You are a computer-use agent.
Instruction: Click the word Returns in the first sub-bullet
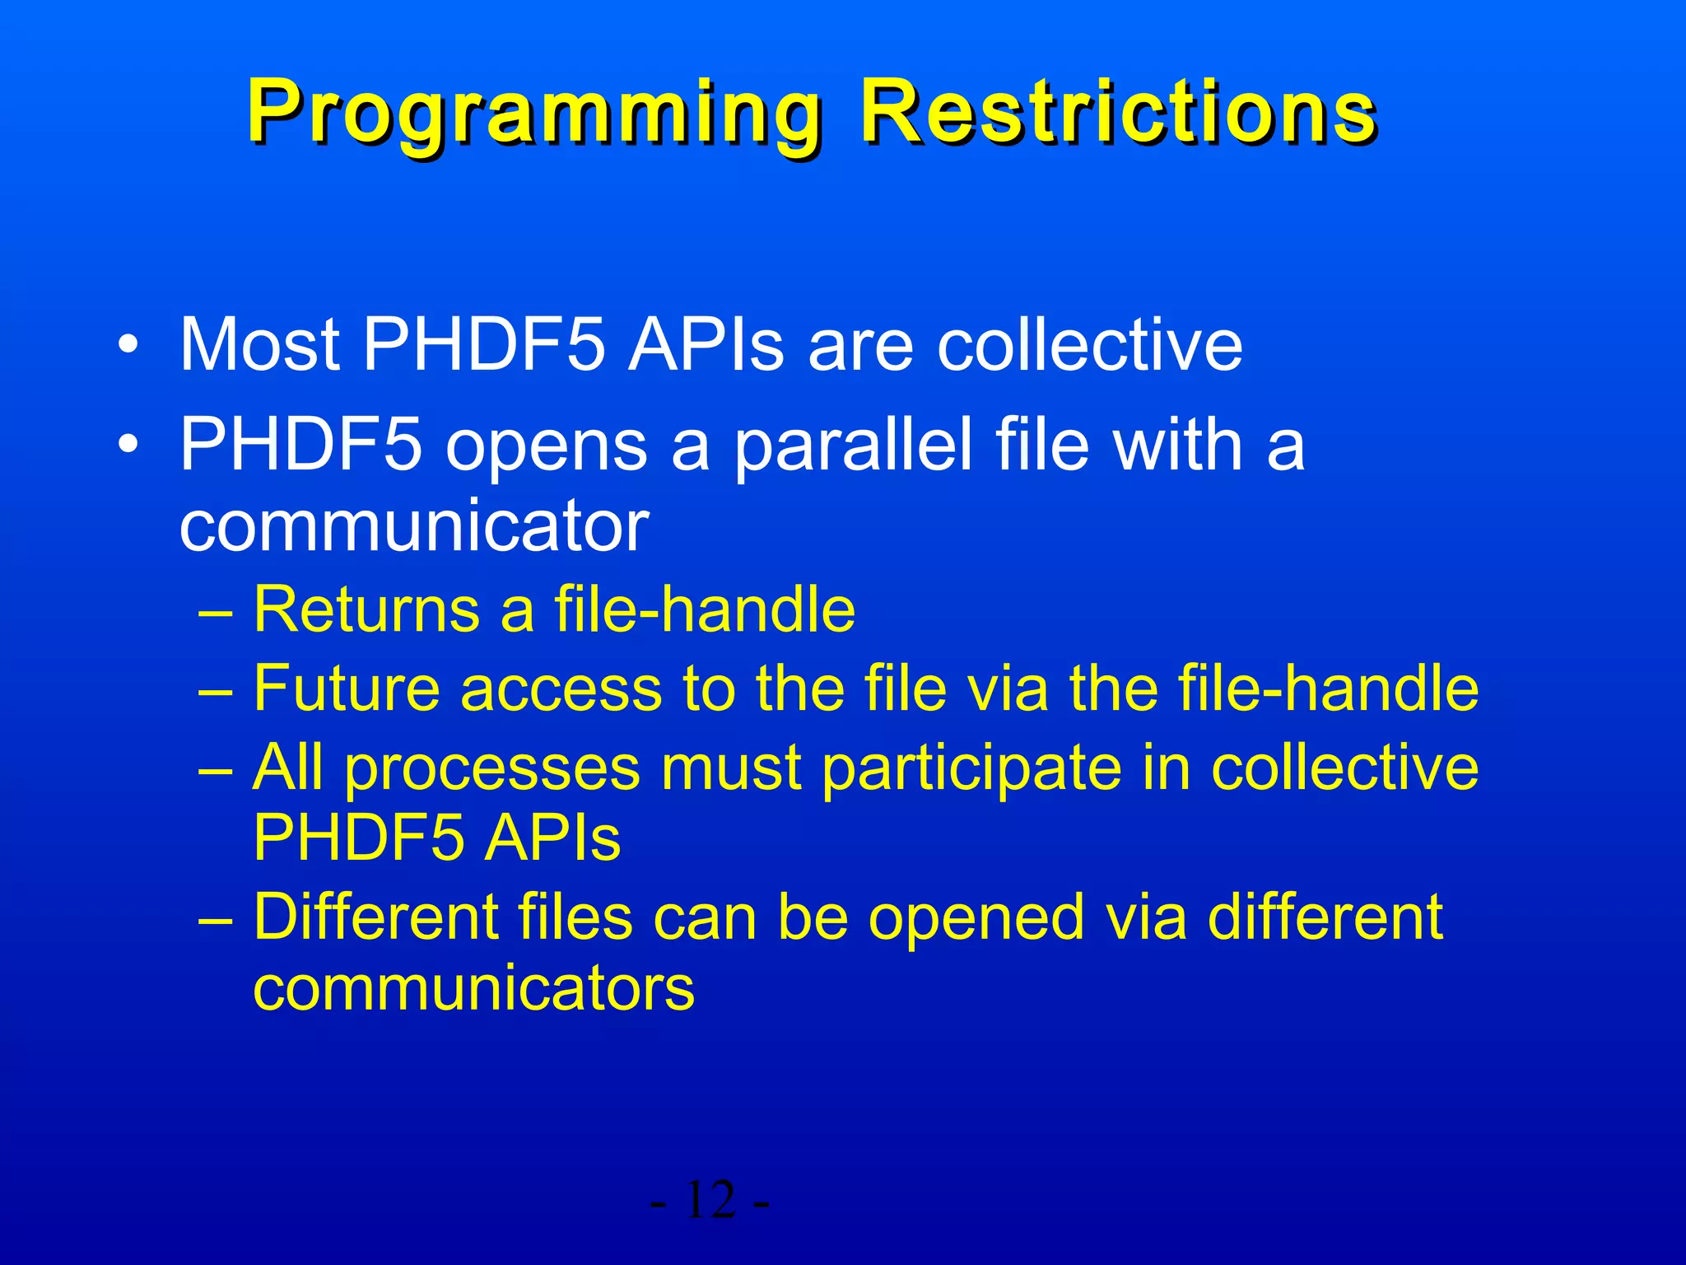tap(366, 609)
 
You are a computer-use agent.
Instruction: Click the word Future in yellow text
tap(346, 688)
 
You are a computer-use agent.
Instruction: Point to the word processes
tap(491, 768)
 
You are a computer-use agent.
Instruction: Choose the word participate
tap(972, 768)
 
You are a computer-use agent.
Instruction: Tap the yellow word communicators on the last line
tap(473, 987)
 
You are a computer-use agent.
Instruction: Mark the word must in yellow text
tap(731, 768)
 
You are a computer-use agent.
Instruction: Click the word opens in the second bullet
tap(547, 445)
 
